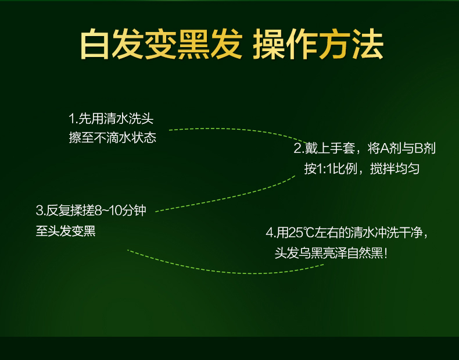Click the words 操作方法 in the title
click(x=318, y=44)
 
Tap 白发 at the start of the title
click(x=112, y=44)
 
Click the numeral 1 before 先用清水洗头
click(x=71, y=119)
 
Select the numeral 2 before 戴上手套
click(x=297, y=148)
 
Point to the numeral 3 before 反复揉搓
click(x=40, y=211)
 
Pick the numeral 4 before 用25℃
click(x=270, y=233)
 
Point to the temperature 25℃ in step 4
click(x=301, y=233)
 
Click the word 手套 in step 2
click(x=342, y=148)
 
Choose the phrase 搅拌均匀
click(x=395, y=169)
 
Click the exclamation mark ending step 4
click(x=386, y=254)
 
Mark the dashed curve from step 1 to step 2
click(x=239, y=130)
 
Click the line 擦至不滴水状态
click(x=113, y=138)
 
